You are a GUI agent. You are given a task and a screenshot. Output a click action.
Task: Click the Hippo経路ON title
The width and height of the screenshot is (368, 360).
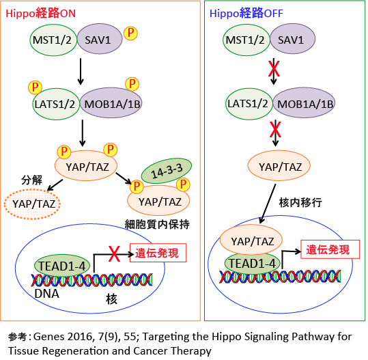(40, 14)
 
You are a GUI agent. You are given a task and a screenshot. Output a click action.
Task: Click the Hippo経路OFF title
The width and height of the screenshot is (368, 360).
(246, 14)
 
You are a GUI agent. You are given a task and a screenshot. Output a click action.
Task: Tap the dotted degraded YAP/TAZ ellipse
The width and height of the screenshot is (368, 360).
(32, 204)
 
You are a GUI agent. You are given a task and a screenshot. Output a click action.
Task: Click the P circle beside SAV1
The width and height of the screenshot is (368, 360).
(130, 33)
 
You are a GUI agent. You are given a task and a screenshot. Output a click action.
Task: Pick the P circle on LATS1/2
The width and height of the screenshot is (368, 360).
(35, 87)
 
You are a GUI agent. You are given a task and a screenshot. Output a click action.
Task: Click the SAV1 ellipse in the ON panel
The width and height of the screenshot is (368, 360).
(100, 39)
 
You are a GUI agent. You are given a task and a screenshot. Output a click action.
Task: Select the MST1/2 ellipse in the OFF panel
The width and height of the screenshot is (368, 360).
(246, 40)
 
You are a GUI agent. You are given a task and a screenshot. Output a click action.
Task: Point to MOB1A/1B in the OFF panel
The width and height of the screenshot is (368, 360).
(305, 103)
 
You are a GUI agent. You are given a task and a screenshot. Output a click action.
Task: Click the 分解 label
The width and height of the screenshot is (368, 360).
(31, 180)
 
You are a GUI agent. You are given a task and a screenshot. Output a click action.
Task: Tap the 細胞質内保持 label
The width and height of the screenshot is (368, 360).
(157, 225)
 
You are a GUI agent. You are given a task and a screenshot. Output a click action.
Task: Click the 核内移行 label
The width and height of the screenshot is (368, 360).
(300, 202)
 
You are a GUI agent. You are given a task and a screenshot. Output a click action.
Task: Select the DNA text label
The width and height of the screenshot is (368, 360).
(46, 294)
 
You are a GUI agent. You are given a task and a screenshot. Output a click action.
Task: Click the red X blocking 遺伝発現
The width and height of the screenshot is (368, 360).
(114, 254)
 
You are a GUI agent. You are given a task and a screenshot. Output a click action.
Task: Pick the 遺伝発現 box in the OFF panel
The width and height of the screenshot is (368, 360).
(330, 249)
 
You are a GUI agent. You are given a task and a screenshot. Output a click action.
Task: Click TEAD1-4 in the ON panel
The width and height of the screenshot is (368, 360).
(62, 266)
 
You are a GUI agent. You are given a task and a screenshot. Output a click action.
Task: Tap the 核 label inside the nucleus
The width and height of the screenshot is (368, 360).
(111, 299)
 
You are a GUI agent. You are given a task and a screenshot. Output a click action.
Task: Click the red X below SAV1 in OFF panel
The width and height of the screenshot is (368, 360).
(274, 69)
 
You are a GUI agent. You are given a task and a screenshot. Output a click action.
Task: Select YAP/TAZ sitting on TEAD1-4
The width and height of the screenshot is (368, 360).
(251, 240)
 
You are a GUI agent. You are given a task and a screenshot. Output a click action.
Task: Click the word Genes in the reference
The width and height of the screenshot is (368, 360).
(49, 337)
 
